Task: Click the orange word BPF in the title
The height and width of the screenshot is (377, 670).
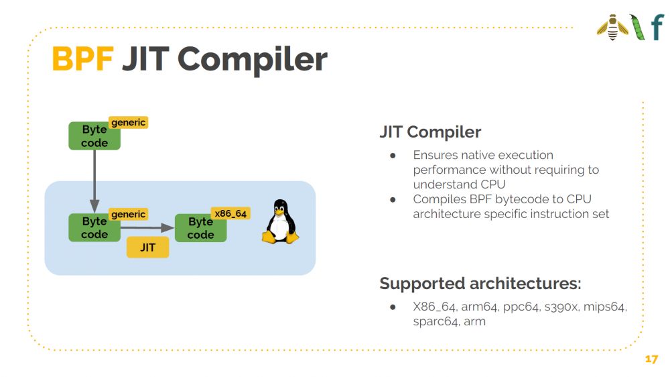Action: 82,59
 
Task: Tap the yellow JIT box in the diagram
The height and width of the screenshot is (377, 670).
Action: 148,248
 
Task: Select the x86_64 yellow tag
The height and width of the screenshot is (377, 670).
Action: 230,213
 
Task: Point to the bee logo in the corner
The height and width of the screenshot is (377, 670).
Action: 613,28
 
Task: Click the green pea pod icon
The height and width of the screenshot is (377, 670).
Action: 637,27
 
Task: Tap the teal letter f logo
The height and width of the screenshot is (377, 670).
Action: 658,28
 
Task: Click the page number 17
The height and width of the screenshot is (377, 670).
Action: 651,359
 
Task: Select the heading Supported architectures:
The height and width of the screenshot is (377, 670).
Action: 480,283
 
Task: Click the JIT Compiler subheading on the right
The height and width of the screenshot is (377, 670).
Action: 430,131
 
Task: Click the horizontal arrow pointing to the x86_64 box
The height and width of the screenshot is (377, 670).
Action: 147,227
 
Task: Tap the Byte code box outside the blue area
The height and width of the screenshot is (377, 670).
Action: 94,136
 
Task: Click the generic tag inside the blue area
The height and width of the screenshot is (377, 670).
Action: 128,214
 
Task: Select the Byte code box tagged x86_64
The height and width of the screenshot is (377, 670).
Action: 201,228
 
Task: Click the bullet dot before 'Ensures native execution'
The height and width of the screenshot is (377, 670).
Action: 393,156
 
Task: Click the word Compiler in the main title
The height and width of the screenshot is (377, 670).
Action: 252,60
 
